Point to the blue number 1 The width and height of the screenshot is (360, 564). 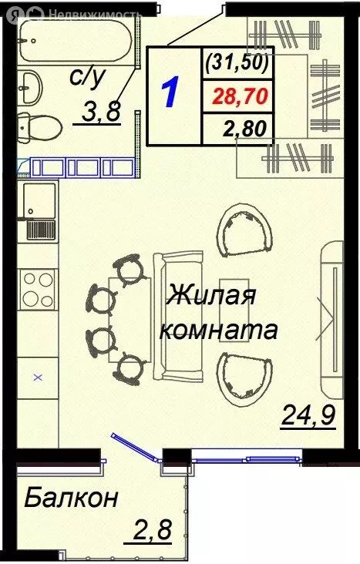pyautogui.click(x=172, y=93)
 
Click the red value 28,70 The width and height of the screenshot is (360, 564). pyautogui.click(x=237, y=97)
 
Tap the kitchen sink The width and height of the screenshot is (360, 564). pyautogui.click(x=39, y=202)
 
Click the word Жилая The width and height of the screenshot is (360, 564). pyautogui.click(x=211, y=297)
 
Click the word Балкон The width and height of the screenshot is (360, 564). pyautogui.click(x=70, y=499)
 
